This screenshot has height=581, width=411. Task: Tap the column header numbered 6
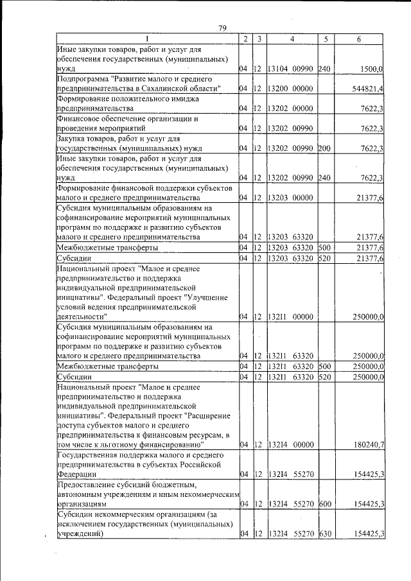click(x=359, y=39)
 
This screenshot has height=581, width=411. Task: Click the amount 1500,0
click(x=371, y=69)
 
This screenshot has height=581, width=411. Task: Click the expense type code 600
click(x=324, y=505)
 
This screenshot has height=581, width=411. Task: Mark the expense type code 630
click(x=324, y=534)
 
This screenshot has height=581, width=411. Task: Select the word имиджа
click(x=184, y=99)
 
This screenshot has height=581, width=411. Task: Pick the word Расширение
click(x=205, y=415)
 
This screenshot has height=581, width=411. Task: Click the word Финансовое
click(x=80, y=119)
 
